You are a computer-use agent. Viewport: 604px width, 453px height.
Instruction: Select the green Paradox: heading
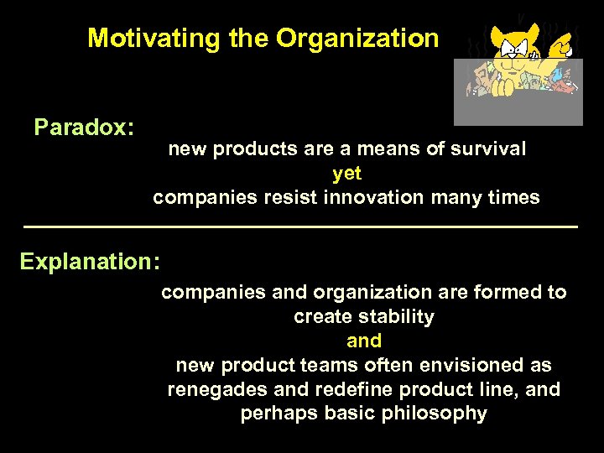point(84,128)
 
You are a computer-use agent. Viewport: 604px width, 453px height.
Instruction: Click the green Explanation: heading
point(91,261)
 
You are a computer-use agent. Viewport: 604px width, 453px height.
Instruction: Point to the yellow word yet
point(346,174)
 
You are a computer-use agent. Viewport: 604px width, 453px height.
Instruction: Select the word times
point(513,198)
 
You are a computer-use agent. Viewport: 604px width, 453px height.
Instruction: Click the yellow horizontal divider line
point(301,227)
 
